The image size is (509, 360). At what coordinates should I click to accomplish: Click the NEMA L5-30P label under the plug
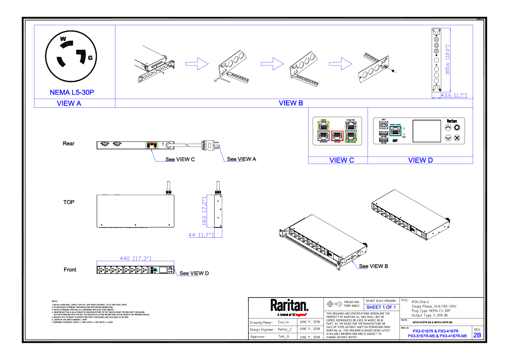71,92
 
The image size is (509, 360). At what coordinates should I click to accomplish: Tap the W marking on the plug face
63,39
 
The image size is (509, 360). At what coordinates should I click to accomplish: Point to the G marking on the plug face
90,58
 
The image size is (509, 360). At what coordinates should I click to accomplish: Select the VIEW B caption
291,103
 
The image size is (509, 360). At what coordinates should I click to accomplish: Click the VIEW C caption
341,160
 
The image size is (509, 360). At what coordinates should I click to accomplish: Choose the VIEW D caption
420,160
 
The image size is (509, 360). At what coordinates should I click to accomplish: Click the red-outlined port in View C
337,136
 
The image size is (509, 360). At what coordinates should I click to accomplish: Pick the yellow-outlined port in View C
323,125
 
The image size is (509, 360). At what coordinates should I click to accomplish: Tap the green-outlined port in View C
351,136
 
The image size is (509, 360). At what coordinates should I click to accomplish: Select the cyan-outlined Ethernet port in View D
396,131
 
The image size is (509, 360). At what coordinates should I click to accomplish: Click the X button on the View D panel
456,138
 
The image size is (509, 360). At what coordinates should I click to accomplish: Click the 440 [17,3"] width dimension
135,258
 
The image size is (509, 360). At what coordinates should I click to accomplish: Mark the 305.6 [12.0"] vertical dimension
448,60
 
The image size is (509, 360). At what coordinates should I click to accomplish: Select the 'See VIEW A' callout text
241,159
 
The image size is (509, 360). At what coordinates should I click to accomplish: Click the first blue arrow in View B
197,65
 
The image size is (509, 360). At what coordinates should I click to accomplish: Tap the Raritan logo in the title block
289,306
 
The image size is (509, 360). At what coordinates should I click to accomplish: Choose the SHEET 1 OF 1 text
381,307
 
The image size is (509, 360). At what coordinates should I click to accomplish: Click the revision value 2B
477,335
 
